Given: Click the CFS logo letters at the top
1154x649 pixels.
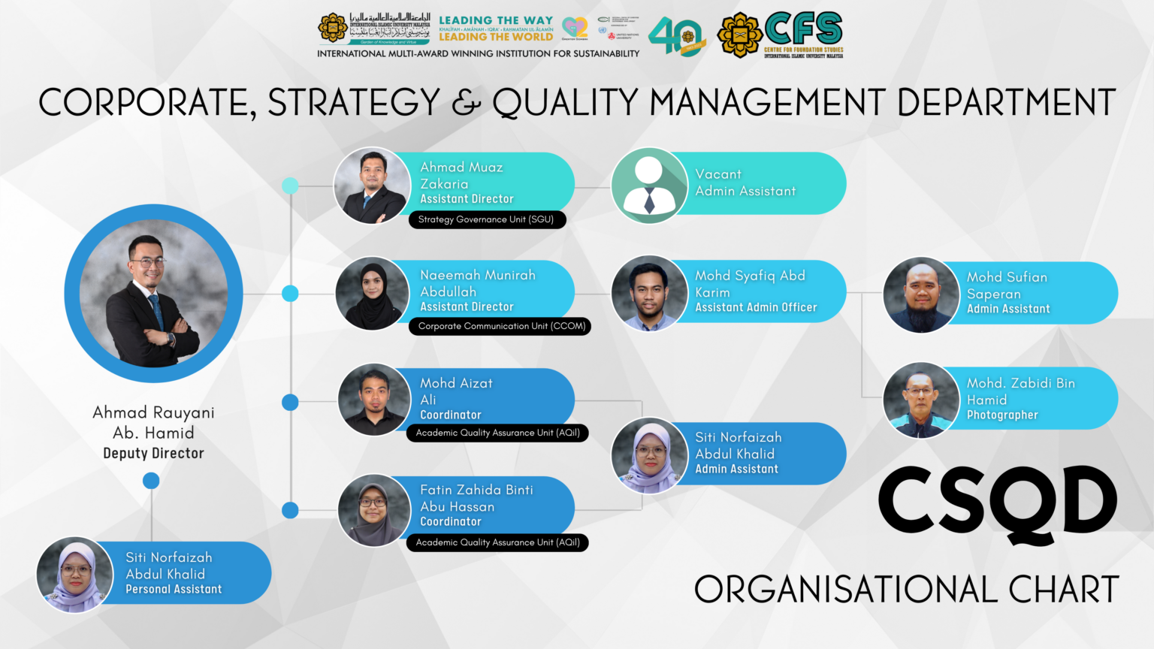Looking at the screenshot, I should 803,29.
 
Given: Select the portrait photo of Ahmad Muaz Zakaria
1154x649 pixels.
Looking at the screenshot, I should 372,186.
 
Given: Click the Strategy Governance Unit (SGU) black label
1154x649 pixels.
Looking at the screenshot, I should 486,219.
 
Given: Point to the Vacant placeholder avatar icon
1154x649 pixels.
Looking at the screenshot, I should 649,186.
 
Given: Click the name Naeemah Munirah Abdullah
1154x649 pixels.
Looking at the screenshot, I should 477,283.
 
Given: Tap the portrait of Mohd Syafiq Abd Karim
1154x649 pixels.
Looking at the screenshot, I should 649,293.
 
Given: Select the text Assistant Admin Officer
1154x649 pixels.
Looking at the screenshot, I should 755,307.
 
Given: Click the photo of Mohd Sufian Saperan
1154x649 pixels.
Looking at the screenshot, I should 921,294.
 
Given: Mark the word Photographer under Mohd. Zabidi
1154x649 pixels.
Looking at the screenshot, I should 1001,415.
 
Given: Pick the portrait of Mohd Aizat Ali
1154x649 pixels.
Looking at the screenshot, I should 374,400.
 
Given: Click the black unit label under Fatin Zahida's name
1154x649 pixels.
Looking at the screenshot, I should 497,542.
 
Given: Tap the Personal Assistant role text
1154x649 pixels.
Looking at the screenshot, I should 174,590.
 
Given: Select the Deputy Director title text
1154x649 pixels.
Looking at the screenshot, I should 153,453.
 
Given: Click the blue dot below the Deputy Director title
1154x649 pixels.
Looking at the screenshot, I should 151,481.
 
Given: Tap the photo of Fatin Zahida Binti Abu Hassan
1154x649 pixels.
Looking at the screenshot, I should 374,510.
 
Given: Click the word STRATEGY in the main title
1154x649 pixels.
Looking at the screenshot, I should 353,103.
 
